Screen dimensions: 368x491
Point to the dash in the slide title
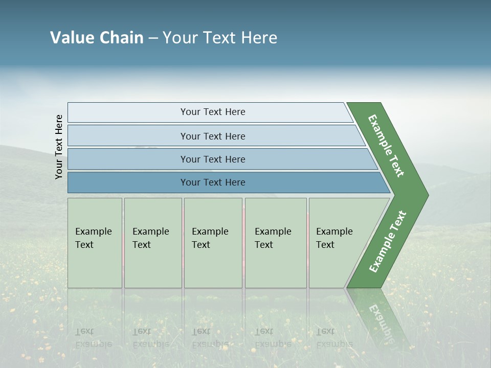[x=153, y=38]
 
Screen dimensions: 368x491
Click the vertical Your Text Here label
[x=59, y=147]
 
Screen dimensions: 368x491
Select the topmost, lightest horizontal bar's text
[x=213, y=112]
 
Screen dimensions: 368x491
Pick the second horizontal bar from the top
[x=213, y=136]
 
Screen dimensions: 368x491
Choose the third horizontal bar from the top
[x=213, y=159]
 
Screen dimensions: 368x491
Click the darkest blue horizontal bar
[x=213, y=182]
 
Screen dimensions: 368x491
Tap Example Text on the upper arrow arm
[x=386, y=146]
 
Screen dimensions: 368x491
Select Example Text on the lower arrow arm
[x=388, y=241]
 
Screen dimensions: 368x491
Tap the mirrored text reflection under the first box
[x=93, y=338]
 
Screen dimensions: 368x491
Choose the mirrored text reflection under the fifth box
[x=334, y=338]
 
